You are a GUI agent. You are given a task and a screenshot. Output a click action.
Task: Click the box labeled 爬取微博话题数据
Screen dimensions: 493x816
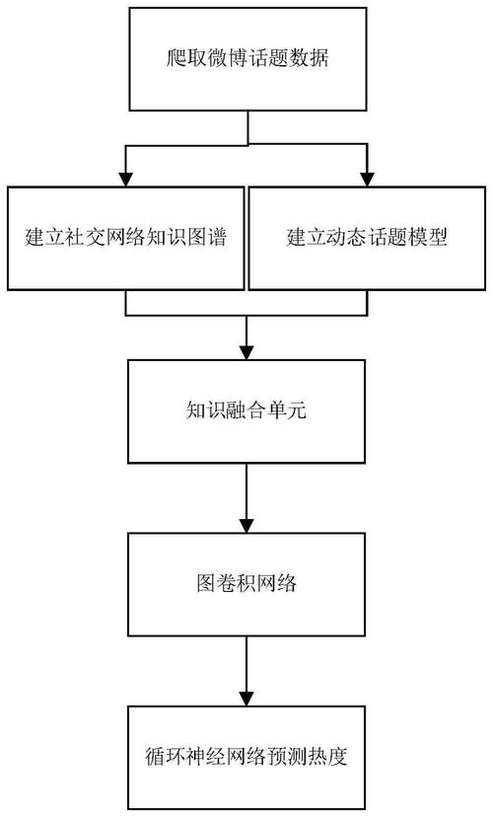coord(247,59)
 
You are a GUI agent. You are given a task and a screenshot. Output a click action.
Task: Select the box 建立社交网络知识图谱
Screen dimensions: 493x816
coord(125,238)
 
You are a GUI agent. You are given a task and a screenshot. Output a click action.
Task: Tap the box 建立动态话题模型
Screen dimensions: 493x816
coord(367,238)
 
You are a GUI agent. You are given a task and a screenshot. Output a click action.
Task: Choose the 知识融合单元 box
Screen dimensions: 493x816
coord(246,411)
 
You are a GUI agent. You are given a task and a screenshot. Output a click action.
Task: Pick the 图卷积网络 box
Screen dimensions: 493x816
coord(246,584)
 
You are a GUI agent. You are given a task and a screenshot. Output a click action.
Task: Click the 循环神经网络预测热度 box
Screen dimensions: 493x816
coord(246,757)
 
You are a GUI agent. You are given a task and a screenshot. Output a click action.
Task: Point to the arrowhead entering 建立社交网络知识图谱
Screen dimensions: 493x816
coord(125,180)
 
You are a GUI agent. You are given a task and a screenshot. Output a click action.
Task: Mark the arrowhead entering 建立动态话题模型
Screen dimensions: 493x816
coord(367,180)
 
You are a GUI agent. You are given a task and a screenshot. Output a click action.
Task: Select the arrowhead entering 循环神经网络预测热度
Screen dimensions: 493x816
coord(246,699)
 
